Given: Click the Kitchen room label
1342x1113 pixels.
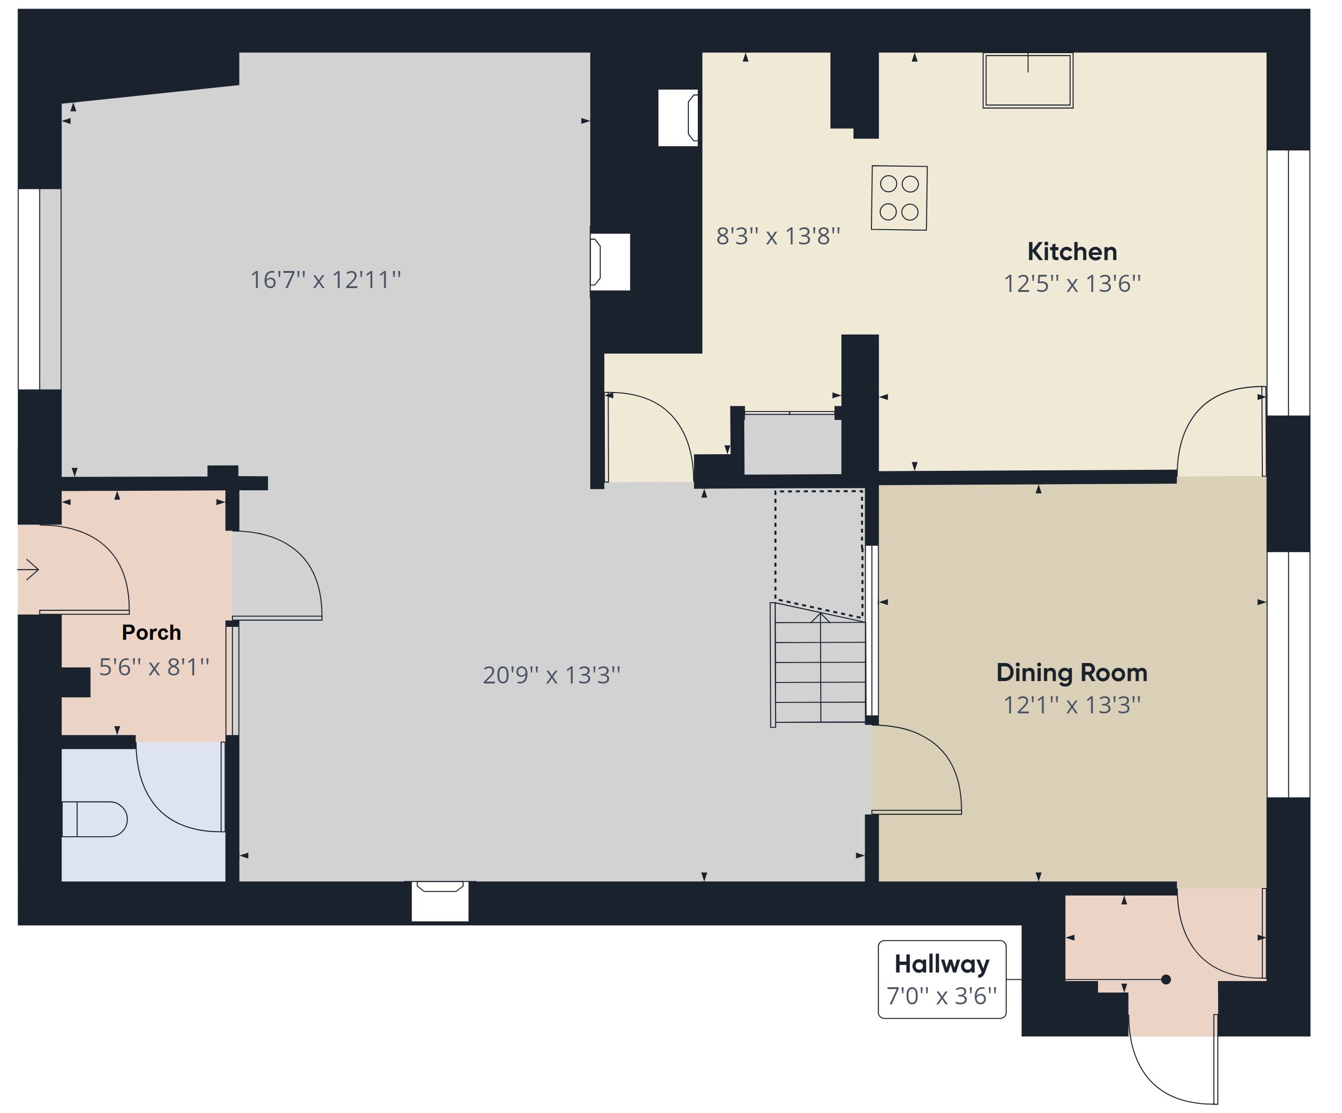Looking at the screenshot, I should coord(1072,252).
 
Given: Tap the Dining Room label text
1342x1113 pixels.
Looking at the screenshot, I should coord(1072,673).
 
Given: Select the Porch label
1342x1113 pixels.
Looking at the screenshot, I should coord(151,632).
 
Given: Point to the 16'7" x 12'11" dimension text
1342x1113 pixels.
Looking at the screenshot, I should coord(325,280).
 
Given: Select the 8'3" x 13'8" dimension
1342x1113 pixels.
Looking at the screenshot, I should coord(777,236).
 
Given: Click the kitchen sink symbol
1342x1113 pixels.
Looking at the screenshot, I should coord(1027,81).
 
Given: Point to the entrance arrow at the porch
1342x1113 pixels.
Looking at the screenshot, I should coord(29,569).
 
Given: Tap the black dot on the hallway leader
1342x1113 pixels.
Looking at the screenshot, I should coord(1166,979).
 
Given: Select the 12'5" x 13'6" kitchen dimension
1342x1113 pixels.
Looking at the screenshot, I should coord(1072,284).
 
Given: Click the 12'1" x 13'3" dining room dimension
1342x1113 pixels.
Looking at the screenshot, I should coord(1072,705).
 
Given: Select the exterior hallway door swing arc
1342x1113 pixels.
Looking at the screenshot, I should coord(1150,1074).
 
